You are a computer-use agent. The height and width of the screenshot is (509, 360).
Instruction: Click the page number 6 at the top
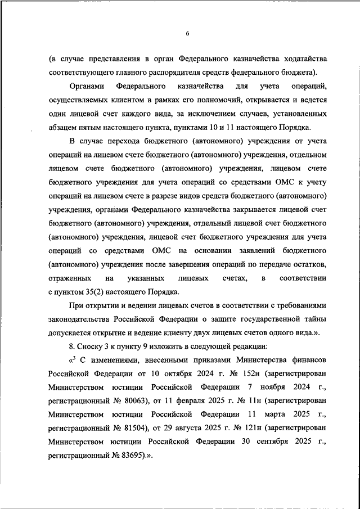(187, 33)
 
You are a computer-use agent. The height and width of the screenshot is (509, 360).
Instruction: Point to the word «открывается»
(258, 100)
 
